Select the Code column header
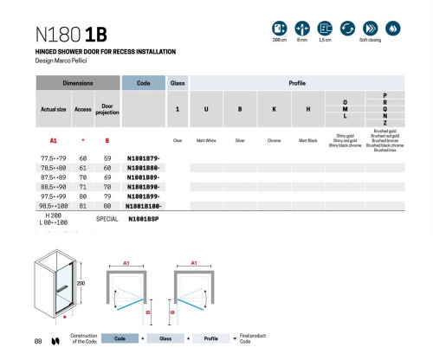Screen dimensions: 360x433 coord(144,84)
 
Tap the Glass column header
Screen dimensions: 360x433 coord(177,84)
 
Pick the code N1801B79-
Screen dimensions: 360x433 coord(144,157)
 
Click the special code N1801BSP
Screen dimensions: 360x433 coord(144,220)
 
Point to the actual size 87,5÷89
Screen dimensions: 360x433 coord(55,177)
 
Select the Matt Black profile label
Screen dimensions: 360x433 coord(309,139)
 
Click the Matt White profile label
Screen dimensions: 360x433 coord(204,139)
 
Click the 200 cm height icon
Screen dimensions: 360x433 coord(280,29)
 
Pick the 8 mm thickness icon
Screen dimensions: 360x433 coord(302,29)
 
